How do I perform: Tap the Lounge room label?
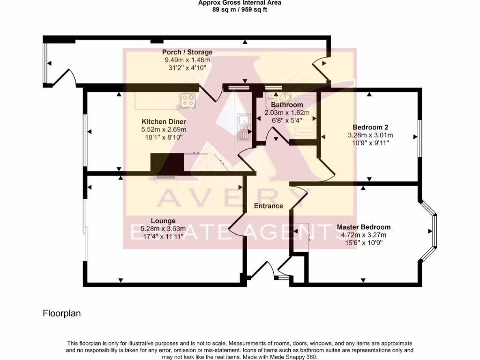coord(163,221)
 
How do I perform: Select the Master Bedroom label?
coord(363,227)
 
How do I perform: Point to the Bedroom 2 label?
coord(370,127)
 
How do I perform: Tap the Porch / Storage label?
coord(187,52)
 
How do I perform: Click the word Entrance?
coord(269,206)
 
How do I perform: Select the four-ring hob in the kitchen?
coord(188,100)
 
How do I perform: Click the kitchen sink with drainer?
coord(244,127)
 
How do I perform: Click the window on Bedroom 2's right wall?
coord(420,137)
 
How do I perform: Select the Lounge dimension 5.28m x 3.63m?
coord(163,229)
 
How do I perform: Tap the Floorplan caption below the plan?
coord(62,314)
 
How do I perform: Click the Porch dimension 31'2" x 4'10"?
coord(187,67)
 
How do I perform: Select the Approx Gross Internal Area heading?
coord(240,2)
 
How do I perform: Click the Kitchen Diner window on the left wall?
coord(85,141)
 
